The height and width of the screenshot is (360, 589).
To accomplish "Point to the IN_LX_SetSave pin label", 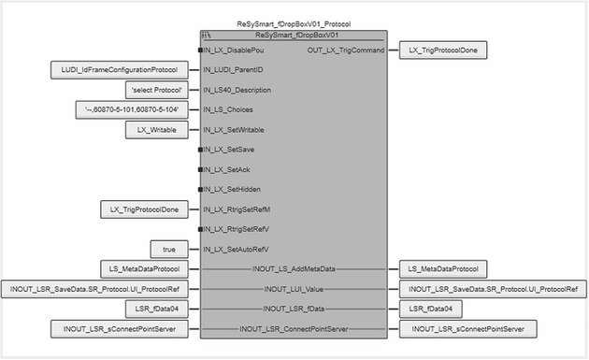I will pos(230,149).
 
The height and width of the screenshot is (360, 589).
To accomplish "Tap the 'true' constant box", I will pos(170,248).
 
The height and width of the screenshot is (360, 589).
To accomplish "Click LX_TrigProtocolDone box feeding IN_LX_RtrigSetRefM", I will pos(145,209).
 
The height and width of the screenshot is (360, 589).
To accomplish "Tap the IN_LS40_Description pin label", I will pos(242,90).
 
